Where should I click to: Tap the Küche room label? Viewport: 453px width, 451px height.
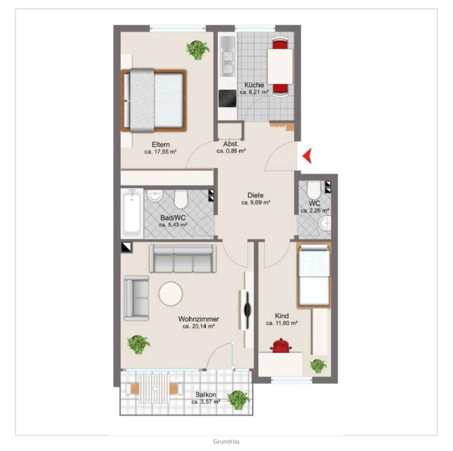[x=254, y=85]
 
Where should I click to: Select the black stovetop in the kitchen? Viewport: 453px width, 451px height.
[x=227, y=98]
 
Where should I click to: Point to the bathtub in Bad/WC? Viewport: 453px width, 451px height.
[x=132, y=213]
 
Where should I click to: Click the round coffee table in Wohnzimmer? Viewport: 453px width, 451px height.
[x=171, y=294]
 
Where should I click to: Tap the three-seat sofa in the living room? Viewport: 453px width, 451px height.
[x=183, y=258]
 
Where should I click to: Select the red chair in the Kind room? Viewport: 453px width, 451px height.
[x=280, y=346]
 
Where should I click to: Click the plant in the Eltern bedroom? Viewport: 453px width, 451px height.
[x=198, y=50]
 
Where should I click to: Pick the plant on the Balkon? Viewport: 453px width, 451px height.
[x=238, y=400]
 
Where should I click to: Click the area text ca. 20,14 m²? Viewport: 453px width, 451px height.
[x=199, y=326]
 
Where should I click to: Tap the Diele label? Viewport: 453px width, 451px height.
[x=255, y=196]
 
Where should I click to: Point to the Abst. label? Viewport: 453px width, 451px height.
[x=231, y=144]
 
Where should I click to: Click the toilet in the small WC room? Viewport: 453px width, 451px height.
[x=313, y=190]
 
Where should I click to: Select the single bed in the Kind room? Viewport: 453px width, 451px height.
[x=314, y=275]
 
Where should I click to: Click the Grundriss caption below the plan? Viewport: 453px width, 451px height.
[x=226, y=442]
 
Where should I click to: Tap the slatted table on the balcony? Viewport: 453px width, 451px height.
[x=154, y=388]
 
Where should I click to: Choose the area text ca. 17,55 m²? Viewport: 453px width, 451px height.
[x=160, y=152]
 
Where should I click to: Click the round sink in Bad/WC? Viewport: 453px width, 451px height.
[x=155, y=196]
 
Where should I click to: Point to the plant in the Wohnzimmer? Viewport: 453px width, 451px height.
[x=138, y=344]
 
